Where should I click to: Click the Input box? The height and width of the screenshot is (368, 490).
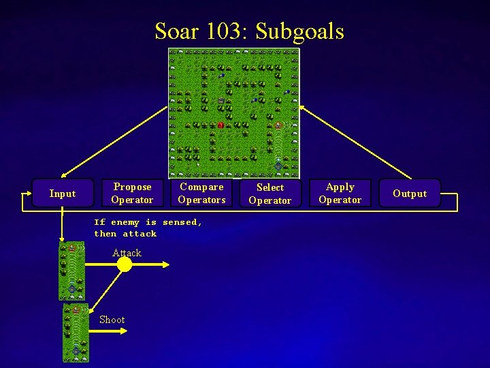coord(62,194)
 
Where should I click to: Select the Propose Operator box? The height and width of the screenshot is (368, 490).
coord(132,193)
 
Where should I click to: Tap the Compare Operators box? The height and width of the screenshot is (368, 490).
coord(201,193)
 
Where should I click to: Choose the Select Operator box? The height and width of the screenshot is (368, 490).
coord(269,194)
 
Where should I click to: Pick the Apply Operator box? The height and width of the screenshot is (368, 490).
coord(340,193)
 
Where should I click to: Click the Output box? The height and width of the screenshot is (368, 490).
coord(410,194)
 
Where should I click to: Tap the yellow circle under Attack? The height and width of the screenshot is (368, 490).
coord(125,264)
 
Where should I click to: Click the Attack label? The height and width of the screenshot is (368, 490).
coord(127,253)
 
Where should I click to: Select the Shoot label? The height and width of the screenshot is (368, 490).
coord(112,320)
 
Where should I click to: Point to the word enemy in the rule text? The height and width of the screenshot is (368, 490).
coord(125,222)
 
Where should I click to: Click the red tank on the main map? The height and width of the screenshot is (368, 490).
coord(220,125)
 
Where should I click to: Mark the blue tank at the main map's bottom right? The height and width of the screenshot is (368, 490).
coord(278,166)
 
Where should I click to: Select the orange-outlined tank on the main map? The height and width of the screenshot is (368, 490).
coord(278,125)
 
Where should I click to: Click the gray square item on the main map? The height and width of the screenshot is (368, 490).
coord(220,101)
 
